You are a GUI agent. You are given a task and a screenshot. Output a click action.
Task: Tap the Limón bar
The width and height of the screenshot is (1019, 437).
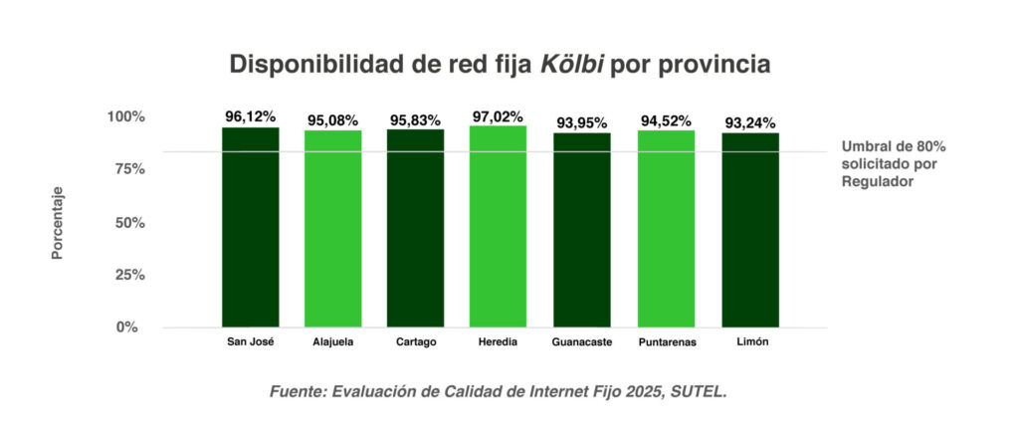(x=749, y=230)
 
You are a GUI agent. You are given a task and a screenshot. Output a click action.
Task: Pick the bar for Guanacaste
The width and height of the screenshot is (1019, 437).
(x=581, y=230)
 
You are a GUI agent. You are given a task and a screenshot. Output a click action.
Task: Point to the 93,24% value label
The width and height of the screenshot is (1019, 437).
(x=750, y=123)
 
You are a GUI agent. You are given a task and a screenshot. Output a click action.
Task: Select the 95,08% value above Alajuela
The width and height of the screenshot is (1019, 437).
(x=332, y=121)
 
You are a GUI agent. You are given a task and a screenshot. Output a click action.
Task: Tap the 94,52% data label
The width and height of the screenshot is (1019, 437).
(x=667, y=121)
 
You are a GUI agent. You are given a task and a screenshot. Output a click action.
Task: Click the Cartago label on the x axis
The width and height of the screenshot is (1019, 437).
(x=415, y=342)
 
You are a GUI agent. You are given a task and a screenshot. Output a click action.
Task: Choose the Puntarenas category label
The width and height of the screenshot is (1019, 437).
(x=667, y=342)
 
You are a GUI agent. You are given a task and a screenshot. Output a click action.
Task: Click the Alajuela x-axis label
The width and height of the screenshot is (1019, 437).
(x=332, y=342)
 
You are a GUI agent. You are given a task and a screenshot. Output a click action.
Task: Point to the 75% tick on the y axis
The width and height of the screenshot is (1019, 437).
(x=126, y=169)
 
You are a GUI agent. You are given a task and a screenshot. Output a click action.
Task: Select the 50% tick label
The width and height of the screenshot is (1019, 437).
(x=126, y=222)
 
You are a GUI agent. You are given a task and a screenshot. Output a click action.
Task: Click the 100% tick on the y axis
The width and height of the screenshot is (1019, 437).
(x=124, y=116)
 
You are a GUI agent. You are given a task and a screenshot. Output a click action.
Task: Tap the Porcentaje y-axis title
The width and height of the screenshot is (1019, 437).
(x=58, y=223)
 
